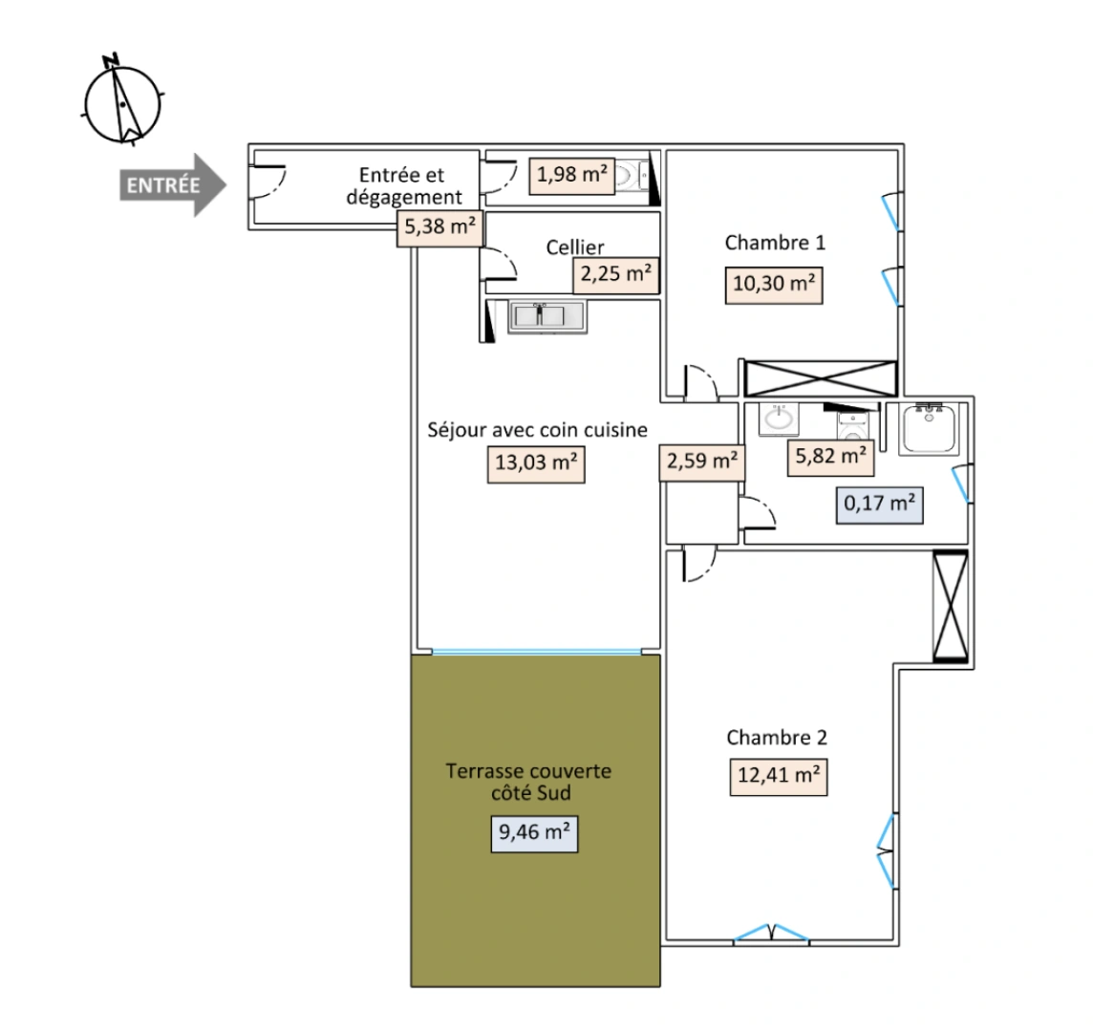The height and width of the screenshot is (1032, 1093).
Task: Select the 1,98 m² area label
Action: coord(571,175)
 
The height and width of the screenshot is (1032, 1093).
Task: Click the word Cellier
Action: coord(575,247)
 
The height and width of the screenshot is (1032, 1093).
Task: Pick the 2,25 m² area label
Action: coord(616,275)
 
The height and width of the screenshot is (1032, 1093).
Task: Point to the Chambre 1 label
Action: coord(775,242)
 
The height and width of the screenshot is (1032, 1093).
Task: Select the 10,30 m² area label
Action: coord(775,286)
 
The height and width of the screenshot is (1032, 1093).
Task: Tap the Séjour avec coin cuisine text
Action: coord(537,429)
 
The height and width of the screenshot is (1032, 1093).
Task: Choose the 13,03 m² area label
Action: coord(535,463)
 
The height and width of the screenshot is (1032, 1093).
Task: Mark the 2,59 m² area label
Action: coord(702,462)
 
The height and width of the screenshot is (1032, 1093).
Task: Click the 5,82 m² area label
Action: coord(831,457)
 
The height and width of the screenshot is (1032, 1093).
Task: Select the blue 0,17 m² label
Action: coord(880,503)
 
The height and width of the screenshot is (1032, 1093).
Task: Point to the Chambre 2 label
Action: coord(777,737)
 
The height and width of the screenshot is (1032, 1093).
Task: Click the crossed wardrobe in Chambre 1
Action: coord(820,377)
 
